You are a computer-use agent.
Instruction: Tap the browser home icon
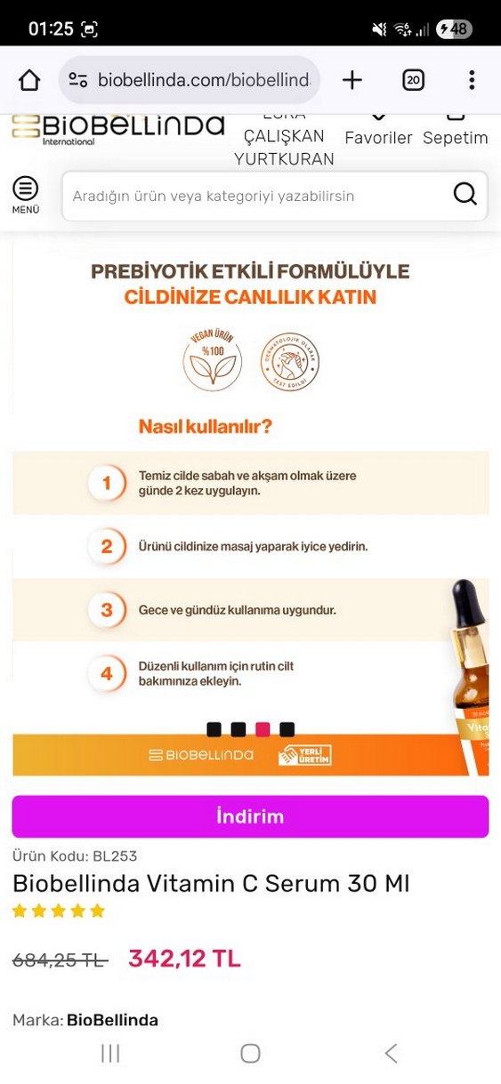tap(29, 81)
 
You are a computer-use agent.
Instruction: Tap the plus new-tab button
tap(352, 81)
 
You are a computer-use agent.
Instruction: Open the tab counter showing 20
tap(413, 81)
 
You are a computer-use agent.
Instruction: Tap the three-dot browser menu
tap(472, 81)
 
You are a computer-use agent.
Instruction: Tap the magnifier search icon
tap(465, 195)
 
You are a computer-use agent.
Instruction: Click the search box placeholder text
tap(214, 196)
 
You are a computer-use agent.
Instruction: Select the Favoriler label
tap(378, 138)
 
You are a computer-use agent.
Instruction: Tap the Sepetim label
tap(455, 138)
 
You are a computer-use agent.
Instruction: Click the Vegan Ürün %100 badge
tap(212, 362)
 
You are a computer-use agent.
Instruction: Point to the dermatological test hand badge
tap(289, 362)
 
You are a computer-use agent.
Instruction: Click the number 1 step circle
tap(107, 483)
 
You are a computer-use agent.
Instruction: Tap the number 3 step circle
tap(107, 610)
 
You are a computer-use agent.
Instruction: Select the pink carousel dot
tap(263, 729)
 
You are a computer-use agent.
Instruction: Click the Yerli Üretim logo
tap(304, 755)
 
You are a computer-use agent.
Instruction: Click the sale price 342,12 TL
tap(184, 959)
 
